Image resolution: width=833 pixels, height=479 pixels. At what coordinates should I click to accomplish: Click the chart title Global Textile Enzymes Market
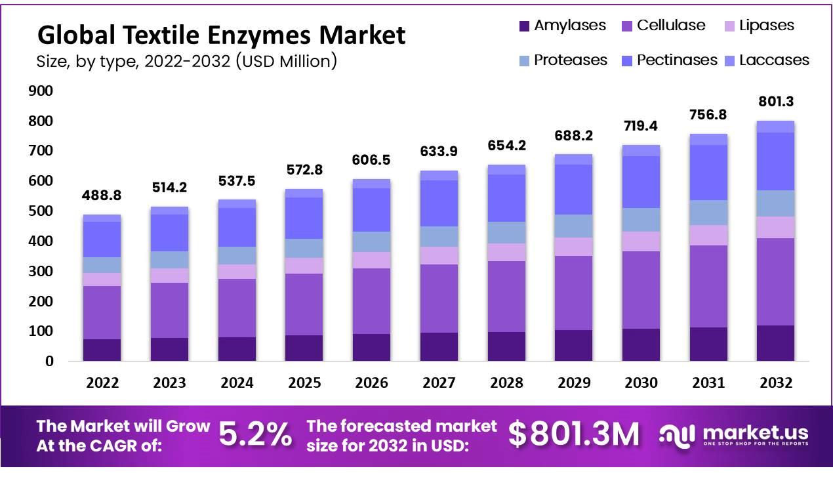221,35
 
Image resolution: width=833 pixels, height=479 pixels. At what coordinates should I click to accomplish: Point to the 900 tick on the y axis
40,91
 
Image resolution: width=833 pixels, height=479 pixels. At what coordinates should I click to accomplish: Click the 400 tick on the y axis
40,241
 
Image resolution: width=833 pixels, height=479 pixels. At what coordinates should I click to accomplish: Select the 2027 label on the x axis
439,383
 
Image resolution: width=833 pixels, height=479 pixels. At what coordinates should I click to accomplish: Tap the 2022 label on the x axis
102,383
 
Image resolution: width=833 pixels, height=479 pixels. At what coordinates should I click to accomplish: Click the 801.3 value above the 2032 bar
775,102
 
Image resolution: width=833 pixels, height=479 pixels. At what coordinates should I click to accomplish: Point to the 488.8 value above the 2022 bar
102,196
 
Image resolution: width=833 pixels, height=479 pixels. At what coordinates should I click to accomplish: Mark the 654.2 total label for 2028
506,146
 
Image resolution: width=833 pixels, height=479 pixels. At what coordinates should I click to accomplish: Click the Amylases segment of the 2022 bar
102,350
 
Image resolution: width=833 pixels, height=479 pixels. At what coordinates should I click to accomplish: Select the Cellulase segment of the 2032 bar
775,281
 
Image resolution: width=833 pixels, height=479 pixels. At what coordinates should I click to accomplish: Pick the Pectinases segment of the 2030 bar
641,182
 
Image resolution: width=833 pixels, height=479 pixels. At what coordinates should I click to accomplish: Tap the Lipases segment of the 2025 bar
304,266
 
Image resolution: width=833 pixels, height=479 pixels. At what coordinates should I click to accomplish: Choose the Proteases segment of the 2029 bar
573,226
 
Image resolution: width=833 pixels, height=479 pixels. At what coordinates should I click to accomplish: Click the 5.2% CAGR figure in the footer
254,434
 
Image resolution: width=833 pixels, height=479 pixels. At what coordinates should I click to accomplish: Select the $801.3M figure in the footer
573,434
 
